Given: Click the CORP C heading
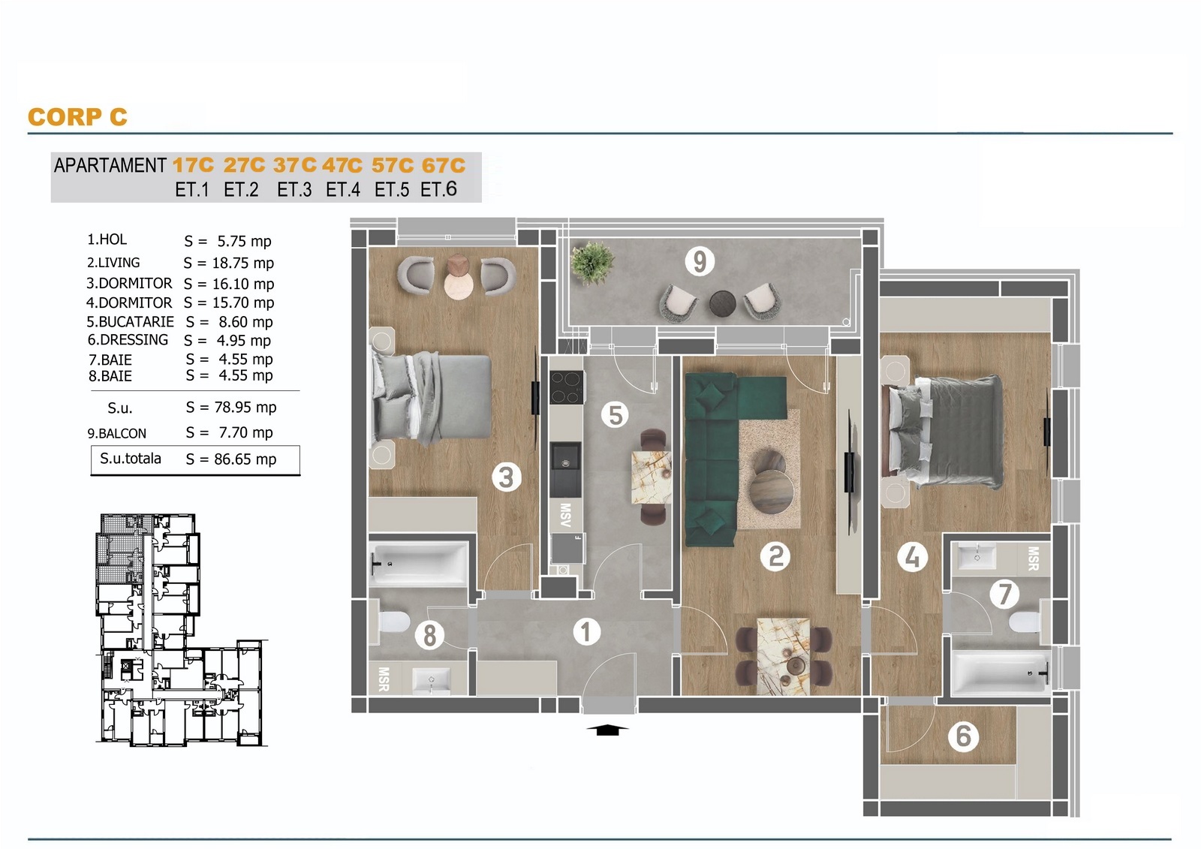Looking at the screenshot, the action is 78,117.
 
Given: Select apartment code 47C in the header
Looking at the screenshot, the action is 342,165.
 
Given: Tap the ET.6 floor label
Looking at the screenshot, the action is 438,189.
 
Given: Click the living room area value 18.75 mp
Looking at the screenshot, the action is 243,263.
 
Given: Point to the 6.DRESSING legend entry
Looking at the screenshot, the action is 128,340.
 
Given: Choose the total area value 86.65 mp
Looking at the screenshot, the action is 245,459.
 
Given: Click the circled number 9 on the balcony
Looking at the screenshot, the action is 700,261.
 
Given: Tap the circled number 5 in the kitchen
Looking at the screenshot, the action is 615,415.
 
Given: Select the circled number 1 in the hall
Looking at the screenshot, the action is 586,632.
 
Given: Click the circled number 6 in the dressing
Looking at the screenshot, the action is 963,736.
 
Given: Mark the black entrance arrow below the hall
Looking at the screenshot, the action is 606,730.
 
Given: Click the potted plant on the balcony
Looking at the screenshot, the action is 591,263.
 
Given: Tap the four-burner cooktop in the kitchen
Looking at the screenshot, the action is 566,387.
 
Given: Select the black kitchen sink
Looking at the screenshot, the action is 565,469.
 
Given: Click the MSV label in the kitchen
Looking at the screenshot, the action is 564,515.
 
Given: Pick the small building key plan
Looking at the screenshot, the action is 181,630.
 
